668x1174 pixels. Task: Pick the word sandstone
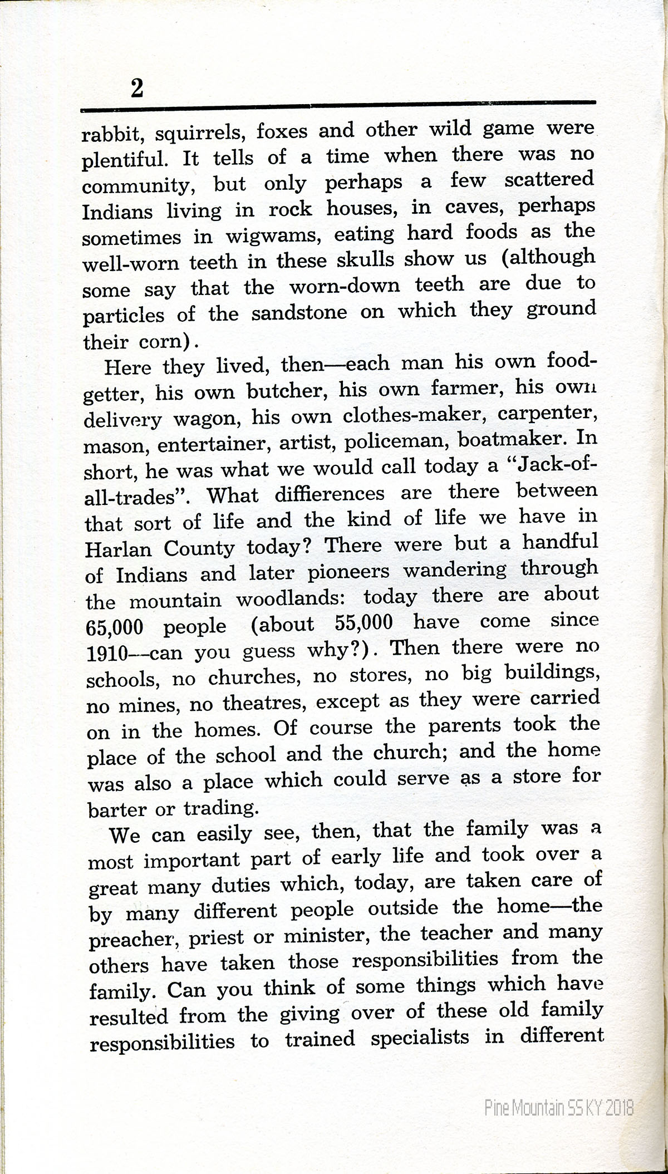pos(299,313)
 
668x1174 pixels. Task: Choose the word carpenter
pos(548,414)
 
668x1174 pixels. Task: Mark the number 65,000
pos(115,627)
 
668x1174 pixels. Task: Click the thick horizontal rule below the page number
pos(338,104)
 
